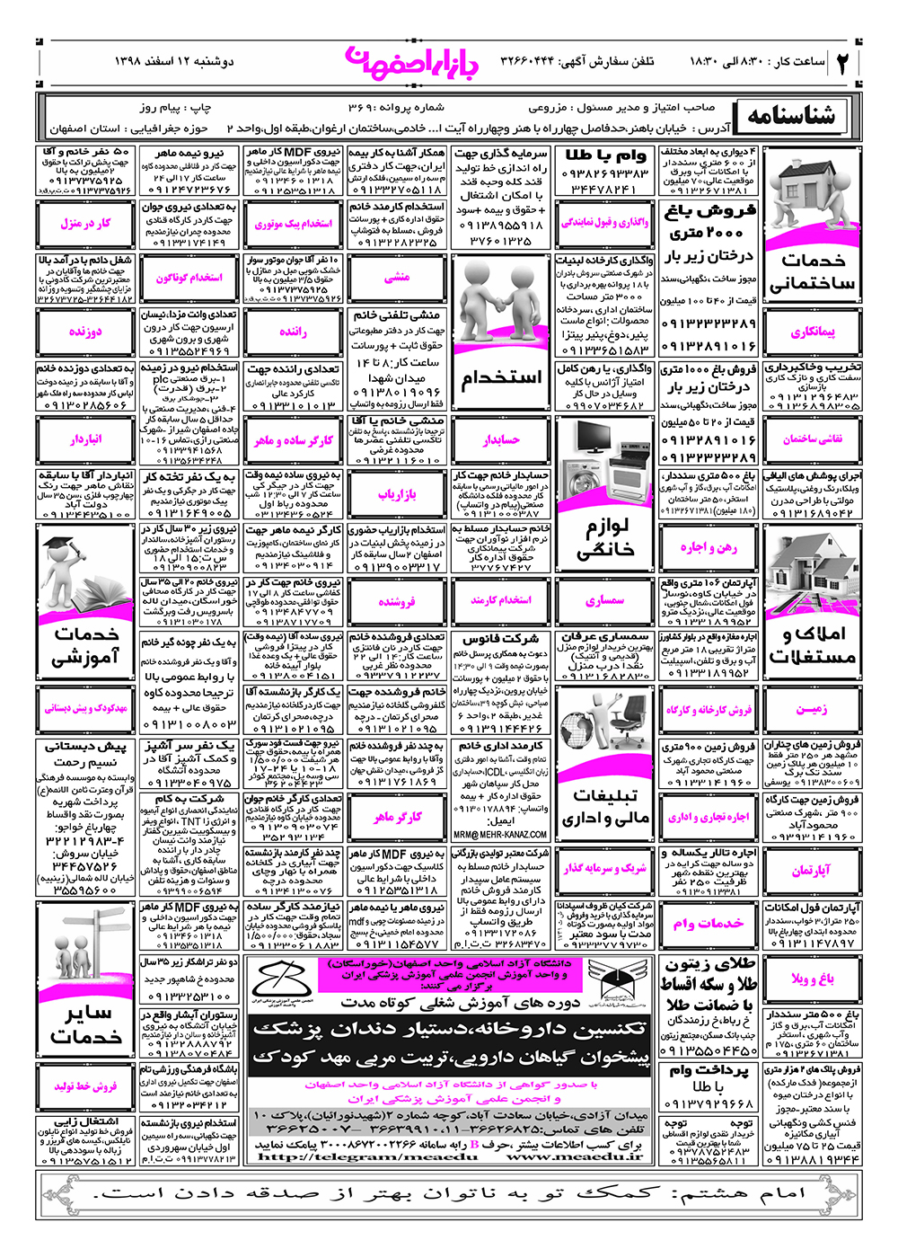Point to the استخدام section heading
[x=501, y=378]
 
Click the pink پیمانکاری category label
[x=813, y=332]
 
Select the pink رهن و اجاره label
[x=709, y=548]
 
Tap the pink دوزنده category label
[x=85, y=332]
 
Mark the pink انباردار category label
[x=85, y=439]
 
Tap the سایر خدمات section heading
[x=85, y=1024]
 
